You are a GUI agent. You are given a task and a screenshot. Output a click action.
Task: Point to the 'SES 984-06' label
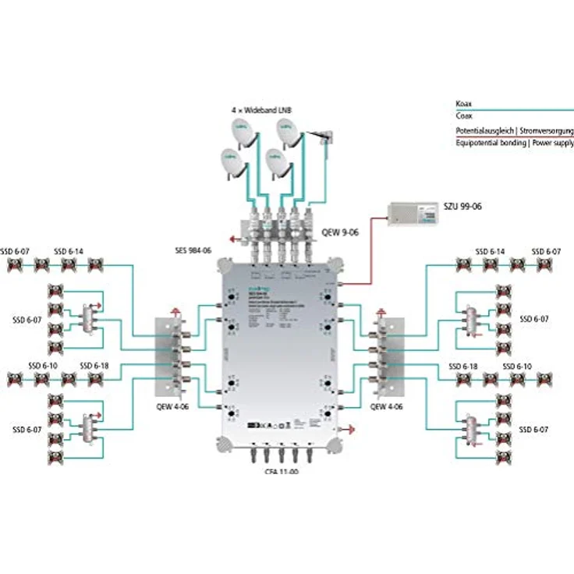click(x=193, y=251)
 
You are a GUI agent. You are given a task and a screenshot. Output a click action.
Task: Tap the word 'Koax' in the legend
click(x=464, y=104)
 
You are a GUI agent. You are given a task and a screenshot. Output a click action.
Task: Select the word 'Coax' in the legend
click(x=464, y=115)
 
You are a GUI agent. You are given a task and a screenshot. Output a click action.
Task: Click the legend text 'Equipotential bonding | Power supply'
click(x=515, y=143)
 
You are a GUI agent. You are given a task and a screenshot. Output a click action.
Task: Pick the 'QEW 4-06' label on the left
click(x=172, y=406)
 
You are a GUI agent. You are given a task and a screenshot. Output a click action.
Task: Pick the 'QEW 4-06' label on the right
click(x=387, y=406)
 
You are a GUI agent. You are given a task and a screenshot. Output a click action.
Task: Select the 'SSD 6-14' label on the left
click(x=69, y=252)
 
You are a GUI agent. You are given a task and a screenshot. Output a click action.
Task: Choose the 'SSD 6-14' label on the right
click(x=491, y=252)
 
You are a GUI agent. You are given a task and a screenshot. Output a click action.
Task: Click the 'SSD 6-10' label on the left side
click(x=43, y=366)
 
